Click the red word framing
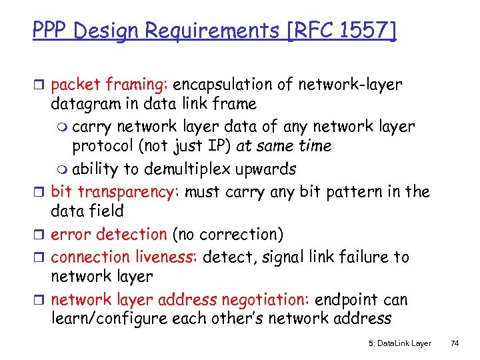141,85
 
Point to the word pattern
354,192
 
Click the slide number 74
455,343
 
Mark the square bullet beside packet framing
39,85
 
